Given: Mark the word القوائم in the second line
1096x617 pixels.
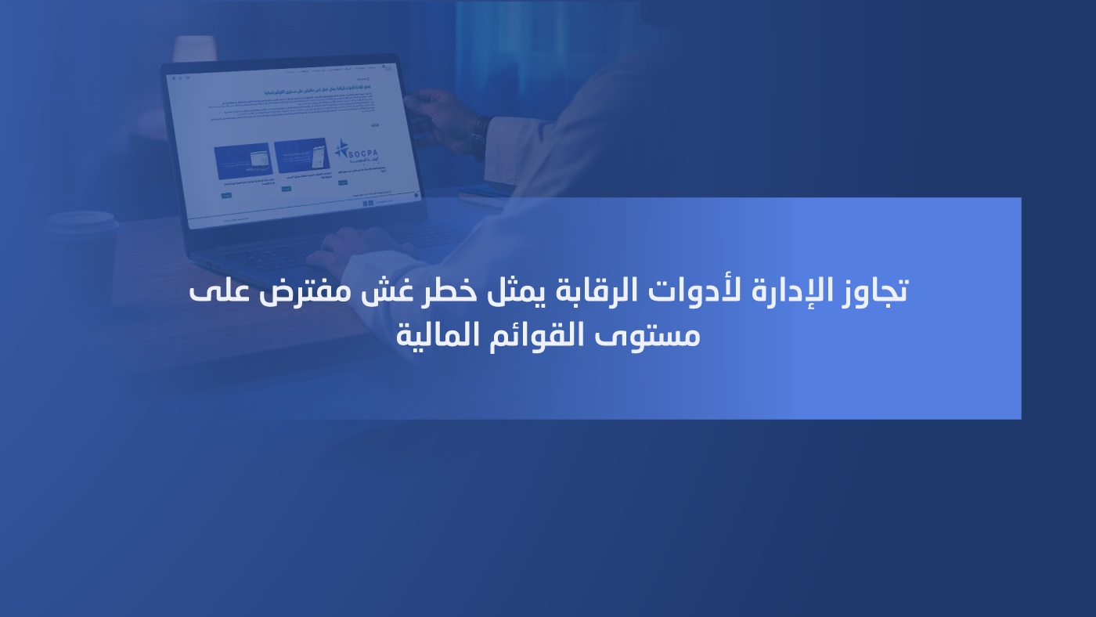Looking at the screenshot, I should pos(543,335).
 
